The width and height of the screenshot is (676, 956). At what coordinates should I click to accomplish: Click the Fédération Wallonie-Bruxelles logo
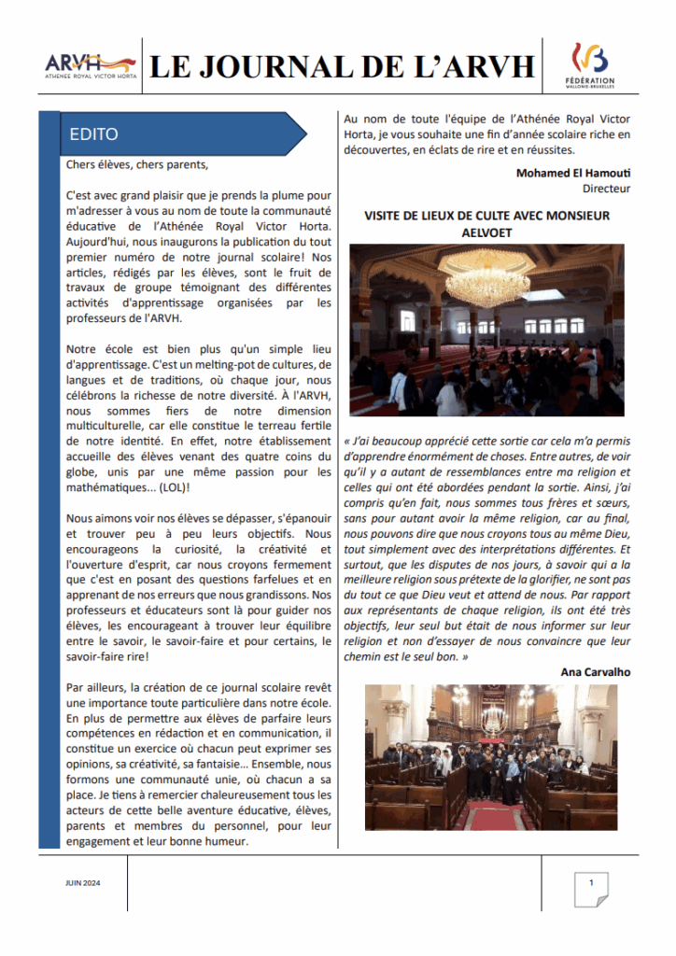coord(592,65)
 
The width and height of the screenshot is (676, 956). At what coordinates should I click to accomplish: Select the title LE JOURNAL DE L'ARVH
coord(343,66)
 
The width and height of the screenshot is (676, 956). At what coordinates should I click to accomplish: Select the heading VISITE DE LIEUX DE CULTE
coord(486,216)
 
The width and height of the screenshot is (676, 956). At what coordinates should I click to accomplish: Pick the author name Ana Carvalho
coord(596,671)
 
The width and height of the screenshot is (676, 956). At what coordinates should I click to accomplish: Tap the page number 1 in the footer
coord(590,882)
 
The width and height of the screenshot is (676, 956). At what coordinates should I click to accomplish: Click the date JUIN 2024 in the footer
coord(83,882)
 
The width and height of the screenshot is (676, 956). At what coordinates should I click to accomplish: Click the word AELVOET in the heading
coord(486,232)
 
